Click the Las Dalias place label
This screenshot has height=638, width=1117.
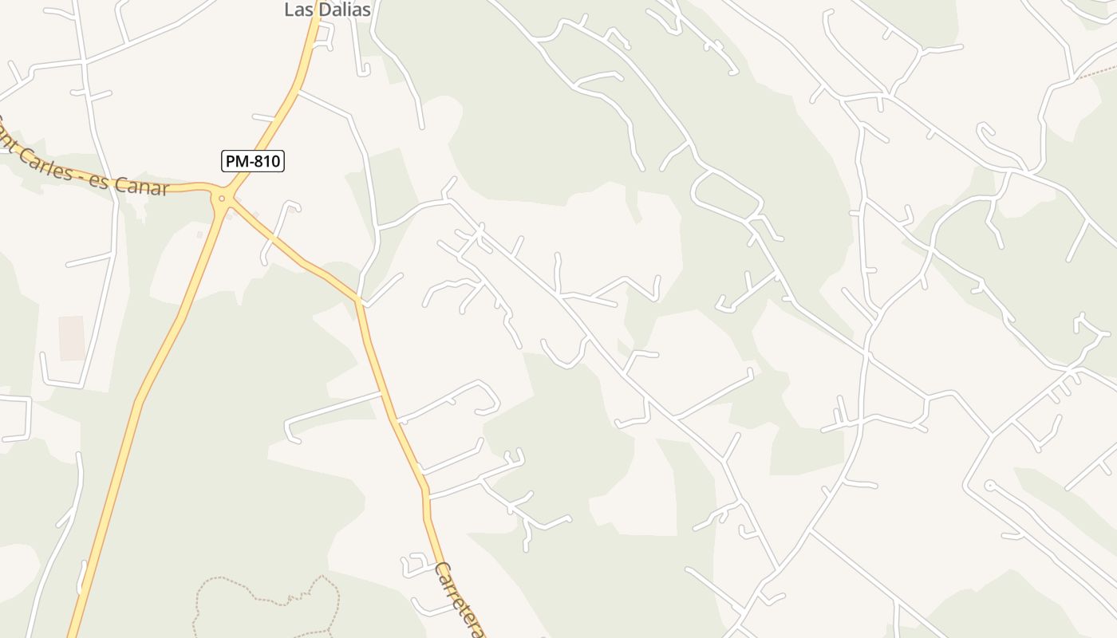[328, 10]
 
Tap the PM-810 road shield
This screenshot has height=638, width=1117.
[252, 161]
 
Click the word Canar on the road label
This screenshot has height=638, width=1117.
[142, 186]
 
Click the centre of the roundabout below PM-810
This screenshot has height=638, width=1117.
[222, 199]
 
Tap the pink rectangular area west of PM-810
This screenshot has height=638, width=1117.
[72, 338]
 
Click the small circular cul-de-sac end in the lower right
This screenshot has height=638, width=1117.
[989, 484]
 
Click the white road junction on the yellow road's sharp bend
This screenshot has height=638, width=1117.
[361, 301]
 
